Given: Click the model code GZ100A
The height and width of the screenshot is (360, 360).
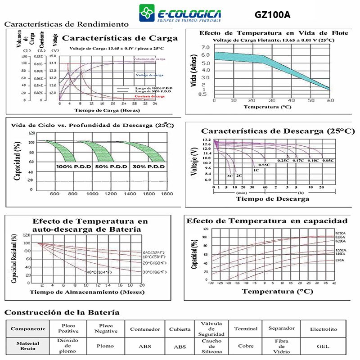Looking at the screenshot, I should click(x=273, y=14).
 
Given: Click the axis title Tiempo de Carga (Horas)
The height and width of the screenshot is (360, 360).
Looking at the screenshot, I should click(x=107, y=110).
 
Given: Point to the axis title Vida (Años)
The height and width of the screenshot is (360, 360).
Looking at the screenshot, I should click(x=194, y=72).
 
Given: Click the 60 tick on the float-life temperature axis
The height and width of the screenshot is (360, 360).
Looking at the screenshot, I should click(x=329, y=100).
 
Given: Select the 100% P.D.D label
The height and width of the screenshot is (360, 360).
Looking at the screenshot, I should click(x=73, y=166).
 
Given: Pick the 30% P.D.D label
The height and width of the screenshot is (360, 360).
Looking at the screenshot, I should click(x=148, y=166).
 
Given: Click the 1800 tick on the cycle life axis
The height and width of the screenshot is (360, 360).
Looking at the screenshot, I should click(x=166, y=193).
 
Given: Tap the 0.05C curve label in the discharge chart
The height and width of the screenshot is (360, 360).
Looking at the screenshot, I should click(x=328, y=161).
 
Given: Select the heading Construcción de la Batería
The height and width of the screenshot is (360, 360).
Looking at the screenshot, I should click(x=62, y=312).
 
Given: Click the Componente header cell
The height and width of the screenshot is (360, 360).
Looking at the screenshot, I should click(x=28, y=329).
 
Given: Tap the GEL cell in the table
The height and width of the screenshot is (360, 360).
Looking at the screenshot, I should click(x=323, y=346).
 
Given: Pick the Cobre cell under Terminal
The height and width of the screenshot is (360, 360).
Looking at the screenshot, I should click(x=245, y=346).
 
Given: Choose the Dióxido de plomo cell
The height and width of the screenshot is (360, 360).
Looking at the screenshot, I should click(x=68, y=346).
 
